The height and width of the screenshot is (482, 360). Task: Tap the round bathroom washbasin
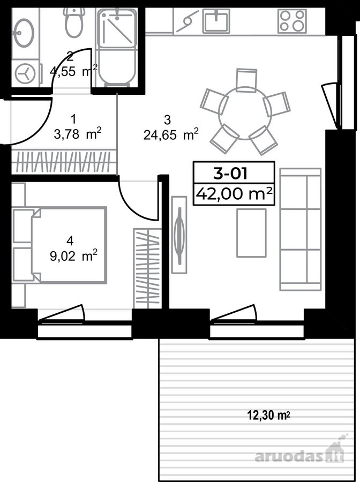coord(22,33)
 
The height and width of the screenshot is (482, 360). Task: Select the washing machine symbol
coord(26,74)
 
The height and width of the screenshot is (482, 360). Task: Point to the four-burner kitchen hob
coord(292,21)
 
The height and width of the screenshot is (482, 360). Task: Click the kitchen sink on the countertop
coord(216,20)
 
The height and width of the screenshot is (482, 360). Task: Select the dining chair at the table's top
coord(246,80)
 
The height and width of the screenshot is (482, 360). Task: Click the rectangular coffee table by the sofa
coord(251,233)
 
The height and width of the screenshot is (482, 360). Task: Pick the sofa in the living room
coord(301,229)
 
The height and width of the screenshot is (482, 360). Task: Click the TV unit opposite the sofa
coord(179,235)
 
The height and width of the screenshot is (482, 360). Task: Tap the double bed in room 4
coord(59,245)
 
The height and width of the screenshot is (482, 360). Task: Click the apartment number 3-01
coord(230,174)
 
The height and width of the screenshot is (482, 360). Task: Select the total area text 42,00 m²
coord(234,194)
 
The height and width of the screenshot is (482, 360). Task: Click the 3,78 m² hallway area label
coord(78,134)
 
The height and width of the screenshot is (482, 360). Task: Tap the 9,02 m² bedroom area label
coord(74,256)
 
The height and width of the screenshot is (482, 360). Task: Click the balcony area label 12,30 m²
coord(269,416)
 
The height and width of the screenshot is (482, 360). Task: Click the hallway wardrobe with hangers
coord(64,162)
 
